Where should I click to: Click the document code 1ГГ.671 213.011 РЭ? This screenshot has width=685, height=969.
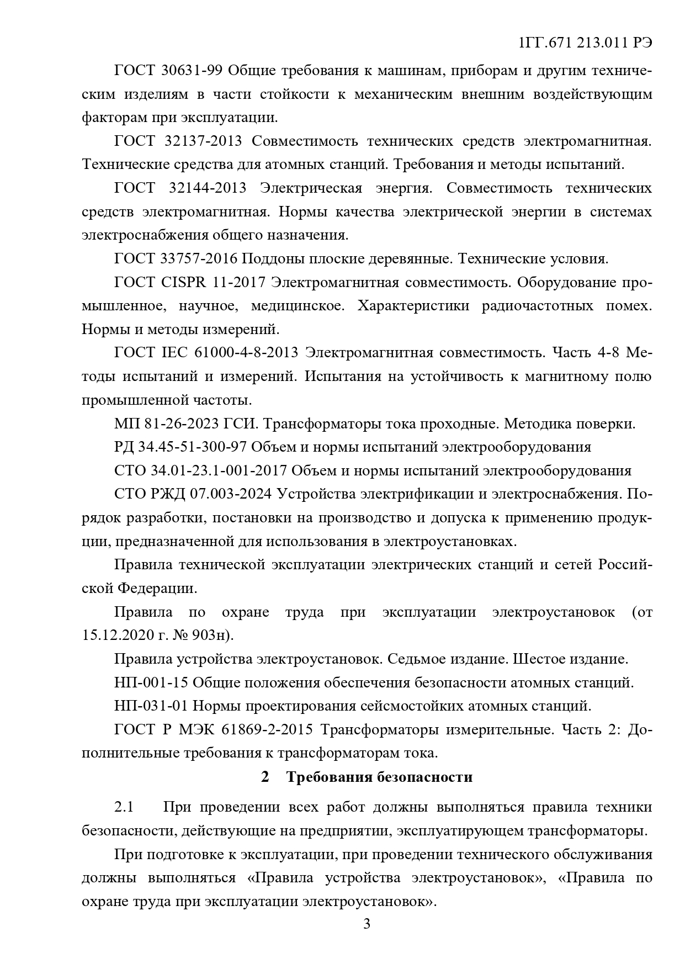pyautogui.click(x=586, y=44)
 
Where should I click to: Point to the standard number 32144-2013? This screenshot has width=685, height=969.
pyautogui.click(x=205, y=188)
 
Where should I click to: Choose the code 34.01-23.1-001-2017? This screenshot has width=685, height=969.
pyautogui.click(x=219, y=471)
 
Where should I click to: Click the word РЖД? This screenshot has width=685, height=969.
pyautogui.click(x=167, y=494)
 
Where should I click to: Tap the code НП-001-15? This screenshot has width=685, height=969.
pyautogui.click(x=151, y=683)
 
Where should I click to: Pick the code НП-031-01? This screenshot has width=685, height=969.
pyautogui.click(x=151, y=706)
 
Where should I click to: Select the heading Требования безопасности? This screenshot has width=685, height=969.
pyautogui.click(x=379, y=777)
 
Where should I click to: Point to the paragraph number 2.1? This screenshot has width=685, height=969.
pyautogui.click(x=124, y=807)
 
